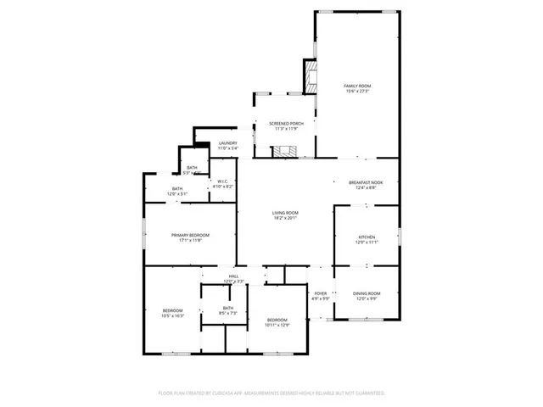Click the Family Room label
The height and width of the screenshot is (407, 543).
point(357,86)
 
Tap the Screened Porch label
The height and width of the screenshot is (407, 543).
point(287,124)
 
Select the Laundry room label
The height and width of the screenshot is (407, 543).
point(228,143)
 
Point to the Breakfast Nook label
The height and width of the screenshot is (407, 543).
point(367,182)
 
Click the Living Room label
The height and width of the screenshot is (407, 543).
point(285,212)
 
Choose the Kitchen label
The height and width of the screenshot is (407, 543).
point(366,237)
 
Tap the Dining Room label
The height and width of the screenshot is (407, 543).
point(367,293)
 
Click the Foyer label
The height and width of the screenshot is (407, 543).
point(320,293)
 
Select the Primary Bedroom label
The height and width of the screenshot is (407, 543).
point(190,235)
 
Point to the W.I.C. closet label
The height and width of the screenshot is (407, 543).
point(221,181)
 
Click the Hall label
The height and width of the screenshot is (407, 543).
point(233,276)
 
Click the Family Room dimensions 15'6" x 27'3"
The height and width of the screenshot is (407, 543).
point(357,92)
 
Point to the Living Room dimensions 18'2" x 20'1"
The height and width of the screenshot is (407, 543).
point(285,218)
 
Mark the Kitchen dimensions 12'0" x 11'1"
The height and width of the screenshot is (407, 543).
point(366,243)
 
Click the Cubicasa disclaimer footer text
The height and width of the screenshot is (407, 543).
point(271,393)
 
